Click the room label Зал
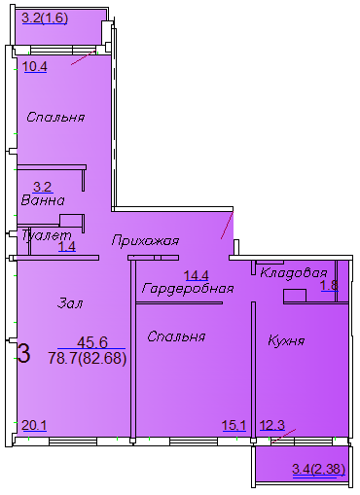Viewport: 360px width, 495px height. point(70,303)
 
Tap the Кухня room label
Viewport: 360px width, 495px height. point(286,341)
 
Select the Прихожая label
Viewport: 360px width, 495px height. point(145,241)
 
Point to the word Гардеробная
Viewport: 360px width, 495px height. point(188,288)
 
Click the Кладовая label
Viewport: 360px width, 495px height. point(294,273)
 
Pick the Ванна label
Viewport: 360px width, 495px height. point(43,200)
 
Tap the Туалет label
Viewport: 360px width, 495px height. point(47,234)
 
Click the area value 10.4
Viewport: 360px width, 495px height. point(35,67)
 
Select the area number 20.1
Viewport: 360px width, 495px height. point(34,425)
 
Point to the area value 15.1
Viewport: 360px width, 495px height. point(234,425)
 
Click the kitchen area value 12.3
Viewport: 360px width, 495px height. point(272,425)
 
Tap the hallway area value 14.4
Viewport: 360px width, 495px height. point(197,275)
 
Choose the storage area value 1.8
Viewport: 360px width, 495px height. point(330,286)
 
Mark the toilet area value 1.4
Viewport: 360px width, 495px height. point(67,247)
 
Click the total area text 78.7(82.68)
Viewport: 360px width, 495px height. point(88,359)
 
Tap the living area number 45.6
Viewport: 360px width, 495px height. point(92,342)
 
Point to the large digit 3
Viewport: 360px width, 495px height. point(24,353)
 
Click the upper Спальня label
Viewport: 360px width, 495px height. point(55,117)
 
